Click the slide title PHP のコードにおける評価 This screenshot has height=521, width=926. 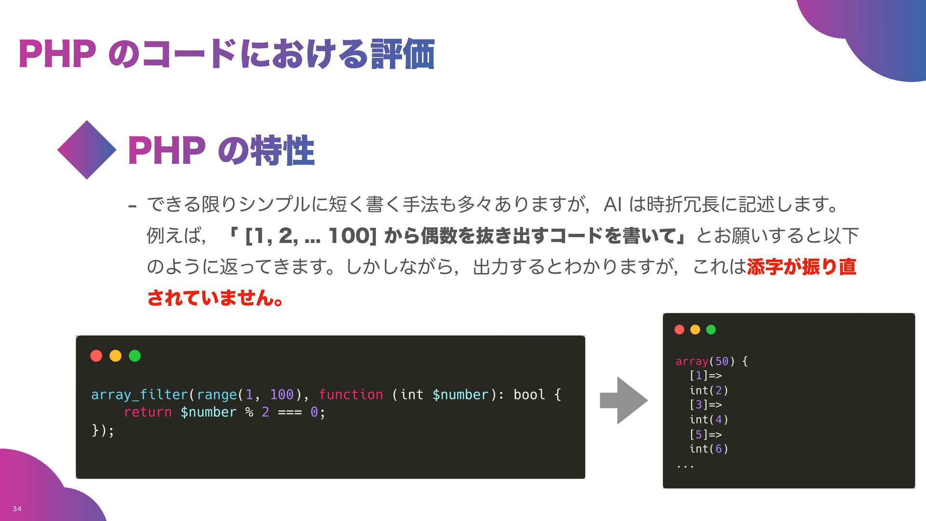point(227,54)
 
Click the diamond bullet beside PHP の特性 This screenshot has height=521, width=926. point(87,150)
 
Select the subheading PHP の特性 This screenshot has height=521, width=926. point(221,151)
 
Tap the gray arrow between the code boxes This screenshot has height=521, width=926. point(624,400)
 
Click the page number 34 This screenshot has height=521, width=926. point(17,508)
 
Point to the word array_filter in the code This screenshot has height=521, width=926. point(139,395)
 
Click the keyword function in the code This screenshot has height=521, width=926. point(351,395)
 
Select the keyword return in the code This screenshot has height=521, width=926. point(148,412)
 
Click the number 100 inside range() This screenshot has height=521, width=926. point(282,395)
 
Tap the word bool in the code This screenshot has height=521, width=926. point(529,395)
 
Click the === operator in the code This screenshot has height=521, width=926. point(290,412)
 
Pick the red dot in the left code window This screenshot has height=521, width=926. point(96,356)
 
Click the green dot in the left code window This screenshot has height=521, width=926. point(135,356)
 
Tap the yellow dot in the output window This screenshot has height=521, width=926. point(695,329)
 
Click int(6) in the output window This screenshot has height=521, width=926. point(708,449)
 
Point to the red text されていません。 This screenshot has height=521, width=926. point(215,298)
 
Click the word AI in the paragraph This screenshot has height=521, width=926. point(612,205)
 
